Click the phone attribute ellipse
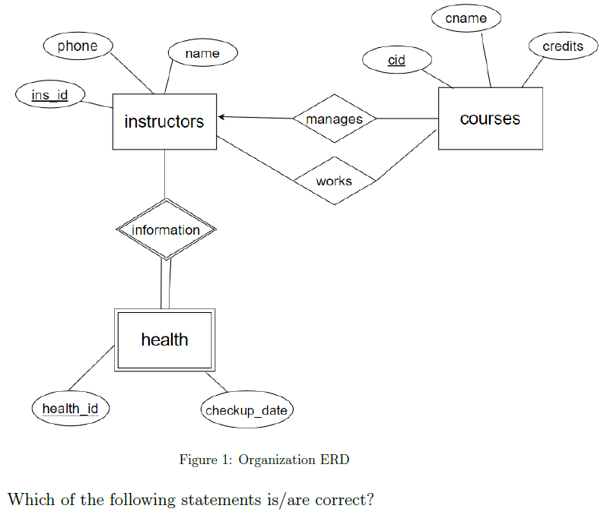pos(78,46)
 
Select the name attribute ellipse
pos(203,52)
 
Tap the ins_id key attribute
pos(50,95)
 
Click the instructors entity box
pos(164,122)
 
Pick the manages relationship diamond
pos(335,118)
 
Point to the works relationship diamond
pos(335,181)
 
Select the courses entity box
pos(491,118)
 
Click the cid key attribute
pos(397,60)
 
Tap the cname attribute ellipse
pos(466,18)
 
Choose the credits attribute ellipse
pos(563,46)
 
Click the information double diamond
pos(166,229)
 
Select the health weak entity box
pos(164,340)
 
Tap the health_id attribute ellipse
pos(71,409)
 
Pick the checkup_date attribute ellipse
pos(246,410)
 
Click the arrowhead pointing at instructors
pos(221,117)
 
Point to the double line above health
pos(166,284)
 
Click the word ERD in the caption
pos(335,460)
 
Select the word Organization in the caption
pos(277,460)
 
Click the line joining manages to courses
pos(407,118)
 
